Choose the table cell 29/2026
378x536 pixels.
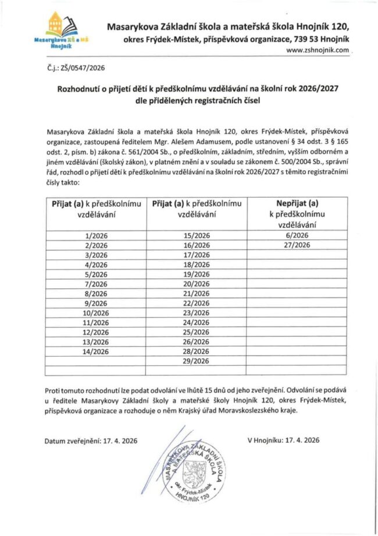[x=195, y=361]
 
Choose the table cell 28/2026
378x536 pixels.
[x=195, y=351]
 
